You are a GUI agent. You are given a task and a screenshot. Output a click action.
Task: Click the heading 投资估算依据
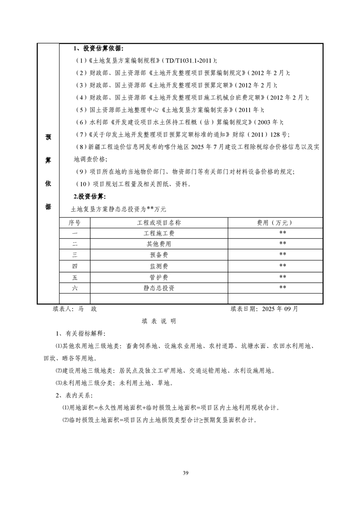pyautogui.click(x=101, y=49)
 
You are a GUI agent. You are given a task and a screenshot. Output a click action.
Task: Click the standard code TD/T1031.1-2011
pyautogui.click(x=187, y=60)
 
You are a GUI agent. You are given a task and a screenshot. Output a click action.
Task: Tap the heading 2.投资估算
pyautogui.click(x=89, y=196)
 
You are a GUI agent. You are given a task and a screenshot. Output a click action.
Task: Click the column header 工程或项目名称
pyautogui.click(x=159, y=223)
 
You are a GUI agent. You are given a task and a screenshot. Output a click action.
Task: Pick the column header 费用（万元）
pyautogui.click(x=275, y=223)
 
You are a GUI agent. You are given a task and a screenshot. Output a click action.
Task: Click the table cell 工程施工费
pyautogui.click(x=159, y=233)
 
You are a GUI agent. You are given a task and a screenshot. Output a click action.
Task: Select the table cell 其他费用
pyautogui.click(x=159, y=244)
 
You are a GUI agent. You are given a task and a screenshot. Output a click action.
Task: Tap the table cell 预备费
pyautogui.click(x=159, y=254)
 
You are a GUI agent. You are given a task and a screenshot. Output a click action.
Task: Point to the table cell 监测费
pyautogui.click(x=159, y=266)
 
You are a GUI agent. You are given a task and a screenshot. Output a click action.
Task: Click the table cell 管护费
pyautogui.click(x=159, y=277)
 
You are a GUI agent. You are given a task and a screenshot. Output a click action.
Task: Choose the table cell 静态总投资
pyautogui.click(x=159, y=288)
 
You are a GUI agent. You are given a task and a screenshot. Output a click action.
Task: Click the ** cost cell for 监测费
pyautogui.click(x=282, y=266)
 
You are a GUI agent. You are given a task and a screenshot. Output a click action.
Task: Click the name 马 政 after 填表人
pyautogui.click(x=88, y=309)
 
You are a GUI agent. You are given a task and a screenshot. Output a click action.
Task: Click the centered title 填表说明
pyautogui.click(x=158, y=321)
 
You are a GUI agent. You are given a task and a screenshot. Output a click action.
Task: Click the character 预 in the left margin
pyautogui.click(x=48, y=137)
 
